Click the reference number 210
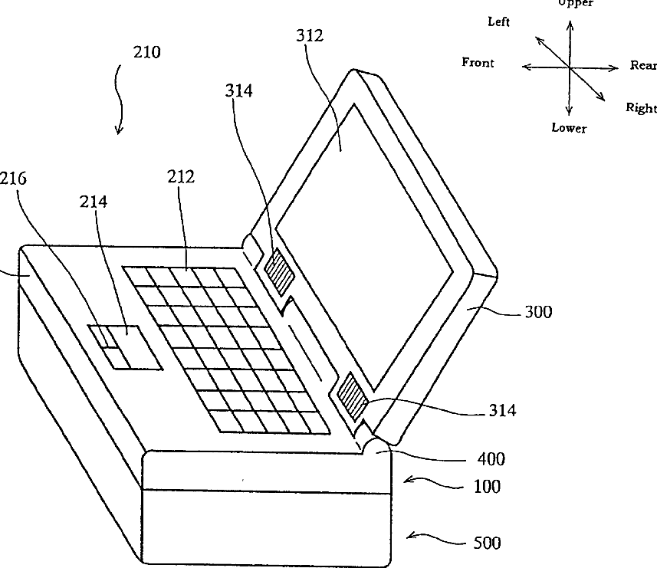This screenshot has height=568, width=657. (x=146, y=53)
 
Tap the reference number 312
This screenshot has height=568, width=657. (x=309, y=35)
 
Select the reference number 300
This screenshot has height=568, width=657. (x=538, y=312)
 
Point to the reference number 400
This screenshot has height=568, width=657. (x=491, y=459)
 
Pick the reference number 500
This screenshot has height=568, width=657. (x=486, y=543)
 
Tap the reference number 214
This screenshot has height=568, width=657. (x=94, y=202)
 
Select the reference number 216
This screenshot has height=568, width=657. (x=12, y=179)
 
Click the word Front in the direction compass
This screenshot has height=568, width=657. (x=478, y=63)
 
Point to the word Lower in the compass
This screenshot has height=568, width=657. (x=569, y=128)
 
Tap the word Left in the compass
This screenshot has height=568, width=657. (x=499, y=22)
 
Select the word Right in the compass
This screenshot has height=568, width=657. (x=641, y=108)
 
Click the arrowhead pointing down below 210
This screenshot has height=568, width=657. (x=119, y=129)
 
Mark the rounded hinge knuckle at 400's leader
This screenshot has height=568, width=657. (x=376, y=445)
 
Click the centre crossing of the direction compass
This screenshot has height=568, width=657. (x=570, y=67)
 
